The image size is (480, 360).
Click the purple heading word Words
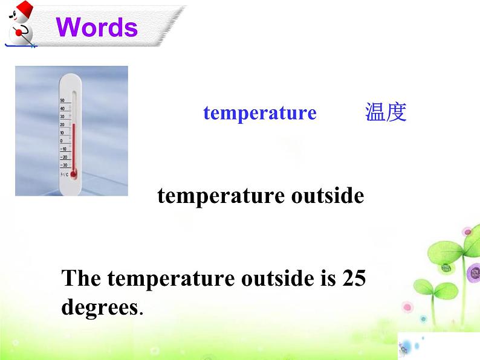tap(97, 27)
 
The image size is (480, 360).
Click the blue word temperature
tap(259, 113)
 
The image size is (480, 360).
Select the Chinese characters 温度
tap(386, 113)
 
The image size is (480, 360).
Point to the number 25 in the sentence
tap(354, 278)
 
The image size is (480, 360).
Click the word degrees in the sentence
tap(100, 307)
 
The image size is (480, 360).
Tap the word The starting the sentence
tap(82, 278)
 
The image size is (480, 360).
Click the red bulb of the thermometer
tap(74, 174)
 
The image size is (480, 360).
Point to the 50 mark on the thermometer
tap(62, 100)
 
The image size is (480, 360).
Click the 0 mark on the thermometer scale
tap(62, 141)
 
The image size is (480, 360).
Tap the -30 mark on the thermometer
tap(63, 165)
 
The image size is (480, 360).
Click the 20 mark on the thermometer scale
tap(62, 124)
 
